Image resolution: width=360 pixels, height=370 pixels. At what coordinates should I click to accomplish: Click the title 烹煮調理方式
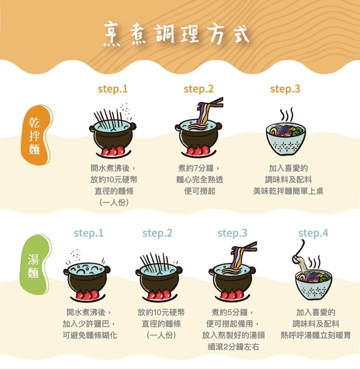click(176, 35)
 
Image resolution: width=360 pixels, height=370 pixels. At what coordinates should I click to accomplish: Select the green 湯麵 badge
click(35, 265)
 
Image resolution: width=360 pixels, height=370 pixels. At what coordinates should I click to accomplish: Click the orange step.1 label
click(113, 89)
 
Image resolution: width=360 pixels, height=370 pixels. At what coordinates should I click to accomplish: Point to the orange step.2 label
click(198, 89)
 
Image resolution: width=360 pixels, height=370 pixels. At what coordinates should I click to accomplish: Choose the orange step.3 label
click(285, 89)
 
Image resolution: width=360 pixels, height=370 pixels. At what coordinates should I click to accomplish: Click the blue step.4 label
click(313, 233)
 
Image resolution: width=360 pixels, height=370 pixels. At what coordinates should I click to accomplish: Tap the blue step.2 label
click(157, 233)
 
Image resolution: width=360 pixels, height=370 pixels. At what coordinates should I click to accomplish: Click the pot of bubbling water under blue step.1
click(87, 276)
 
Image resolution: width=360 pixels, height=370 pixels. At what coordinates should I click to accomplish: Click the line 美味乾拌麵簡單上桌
click(288, 191)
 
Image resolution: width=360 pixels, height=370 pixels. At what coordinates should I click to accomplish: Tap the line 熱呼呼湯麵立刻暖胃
click(315, 335)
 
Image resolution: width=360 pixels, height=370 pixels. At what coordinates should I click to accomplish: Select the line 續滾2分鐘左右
click(233, 347)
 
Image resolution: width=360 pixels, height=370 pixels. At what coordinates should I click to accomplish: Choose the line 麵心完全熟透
click(200, 180)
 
